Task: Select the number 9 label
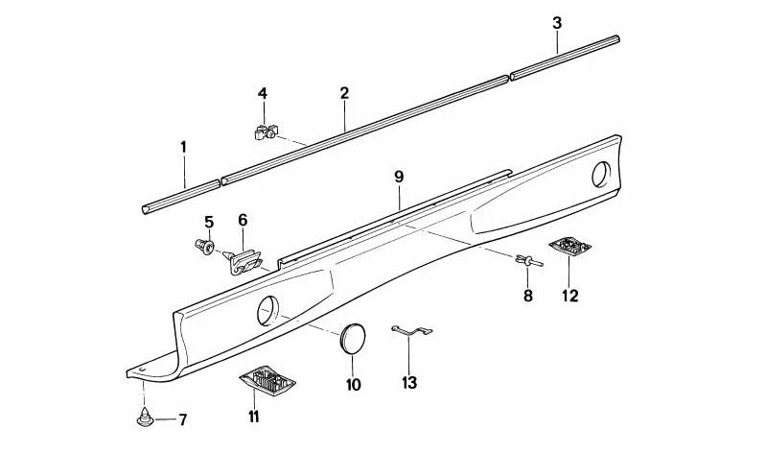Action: pyautogui.click(x=399, y=177)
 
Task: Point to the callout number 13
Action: pyautogui.click(x=410, y=382)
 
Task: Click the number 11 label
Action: pyautogui.click(x=253, y=416)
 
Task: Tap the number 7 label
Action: pyautogui.click(x=183, y=418)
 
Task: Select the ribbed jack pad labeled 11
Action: pyautogui.click(x=266, y=380)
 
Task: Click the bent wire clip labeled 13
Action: pyautogui.click(x=411, y=332)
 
